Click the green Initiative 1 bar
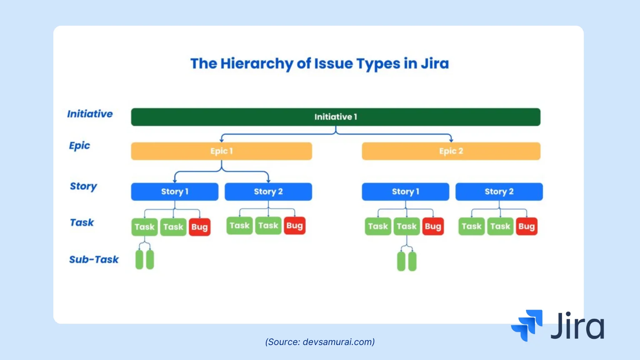[335, 117]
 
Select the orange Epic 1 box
[221, 151]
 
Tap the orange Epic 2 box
[451, 151]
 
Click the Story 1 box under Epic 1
[175, 192]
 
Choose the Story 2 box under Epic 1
[268, 192]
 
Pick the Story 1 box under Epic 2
[405, 192]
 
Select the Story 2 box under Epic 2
[499, 192]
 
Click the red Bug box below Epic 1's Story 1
[200, 227]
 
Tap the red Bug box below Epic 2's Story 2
[526, 226]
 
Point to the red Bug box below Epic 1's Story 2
[295, 226]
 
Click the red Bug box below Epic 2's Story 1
[433, 226]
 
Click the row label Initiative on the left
[90, 114]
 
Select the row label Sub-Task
[94, 260]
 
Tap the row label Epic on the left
[80, 145]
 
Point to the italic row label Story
[83, 186]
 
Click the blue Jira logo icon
[527, 325]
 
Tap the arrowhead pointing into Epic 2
[451, 140]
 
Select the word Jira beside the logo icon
[577, 326]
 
